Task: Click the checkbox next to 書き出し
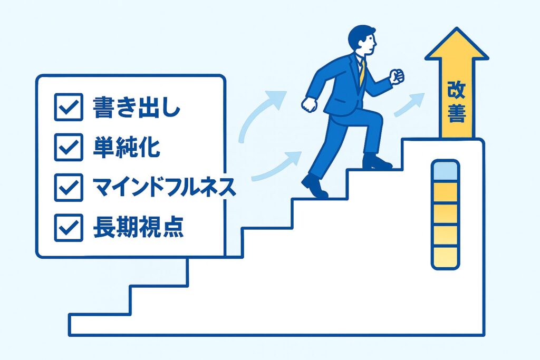[69, 108]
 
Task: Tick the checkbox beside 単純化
[69, 147]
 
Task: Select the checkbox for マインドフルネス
[69, 187]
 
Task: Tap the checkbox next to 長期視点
[69, 227]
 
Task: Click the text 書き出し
[136, 108]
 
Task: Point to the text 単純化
[126, 147]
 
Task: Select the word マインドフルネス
[163, 187]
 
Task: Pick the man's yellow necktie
[362, 74]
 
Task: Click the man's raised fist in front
[397, 76]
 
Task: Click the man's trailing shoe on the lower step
[314, 187]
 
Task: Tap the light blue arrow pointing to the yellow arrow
[409, 104]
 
